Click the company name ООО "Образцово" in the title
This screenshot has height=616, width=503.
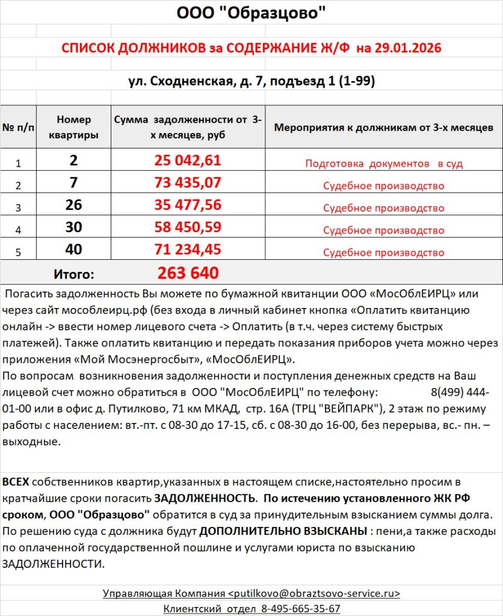click(251, 13)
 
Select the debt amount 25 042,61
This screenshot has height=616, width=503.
click(188, 161)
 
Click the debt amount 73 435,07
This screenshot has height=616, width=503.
click(188, 183)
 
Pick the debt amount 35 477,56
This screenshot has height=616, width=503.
click(188, 205)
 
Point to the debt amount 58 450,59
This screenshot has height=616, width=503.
click(188, 227)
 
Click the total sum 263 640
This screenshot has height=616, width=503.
click(188, 273)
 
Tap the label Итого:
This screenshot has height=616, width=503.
click(73, 274)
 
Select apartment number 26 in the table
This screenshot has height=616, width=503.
click(73, 206)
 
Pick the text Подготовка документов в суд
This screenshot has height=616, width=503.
click(383, 164)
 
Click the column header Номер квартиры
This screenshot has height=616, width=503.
click(73, 128)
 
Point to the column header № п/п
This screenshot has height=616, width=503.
click(18, 128)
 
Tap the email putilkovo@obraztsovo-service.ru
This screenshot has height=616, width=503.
click(314, 593)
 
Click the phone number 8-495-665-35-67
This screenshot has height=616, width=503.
click(301, 608)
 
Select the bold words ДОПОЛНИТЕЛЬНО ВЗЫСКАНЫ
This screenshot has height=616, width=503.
click(283, 532)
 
